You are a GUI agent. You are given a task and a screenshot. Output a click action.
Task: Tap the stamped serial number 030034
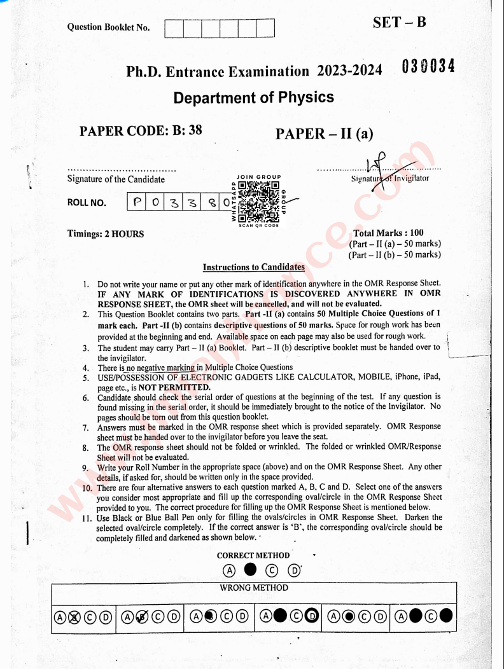click(x=428, y=66)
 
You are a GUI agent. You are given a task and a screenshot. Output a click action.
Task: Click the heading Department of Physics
click(x=253, y=97)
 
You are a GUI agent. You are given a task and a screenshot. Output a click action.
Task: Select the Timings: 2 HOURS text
click(x=105, y=233)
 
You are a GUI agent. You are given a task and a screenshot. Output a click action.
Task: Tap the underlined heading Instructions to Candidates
click(x=253, y=267)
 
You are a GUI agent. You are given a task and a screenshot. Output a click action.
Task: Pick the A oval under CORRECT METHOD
click(x=229, y=570)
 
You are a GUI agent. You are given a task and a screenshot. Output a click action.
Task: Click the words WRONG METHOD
click(x=253, y=588)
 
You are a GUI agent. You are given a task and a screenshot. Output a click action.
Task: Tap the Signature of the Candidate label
click(x=115, y=179)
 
